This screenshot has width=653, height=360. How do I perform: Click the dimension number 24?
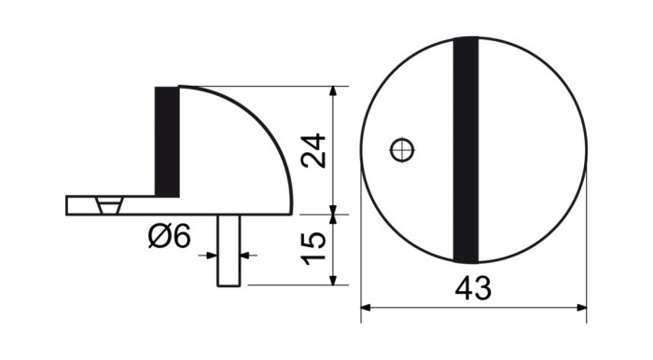[314, 151]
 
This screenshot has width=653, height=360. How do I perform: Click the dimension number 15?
[314, 248]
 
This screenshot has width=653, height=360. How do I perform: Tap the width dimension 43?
[473, 288]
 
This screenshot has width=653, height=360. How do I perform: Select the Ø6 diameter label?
[169, 236]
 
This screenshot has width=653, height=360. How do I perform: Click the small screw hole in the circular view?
[402, 149]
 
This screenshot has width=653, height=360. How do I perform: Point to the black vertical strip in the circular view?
[465, 150]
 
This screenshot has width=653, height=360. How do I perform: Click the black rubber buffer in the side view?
[167, 142]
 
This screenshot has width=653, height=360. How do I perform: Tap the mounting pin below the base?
[229, 250]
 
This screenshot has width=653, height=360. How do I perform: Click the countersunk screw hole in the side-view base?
[109, 205]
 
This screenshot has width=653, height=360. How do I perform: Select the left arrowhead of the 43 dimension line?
[366, 308]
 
